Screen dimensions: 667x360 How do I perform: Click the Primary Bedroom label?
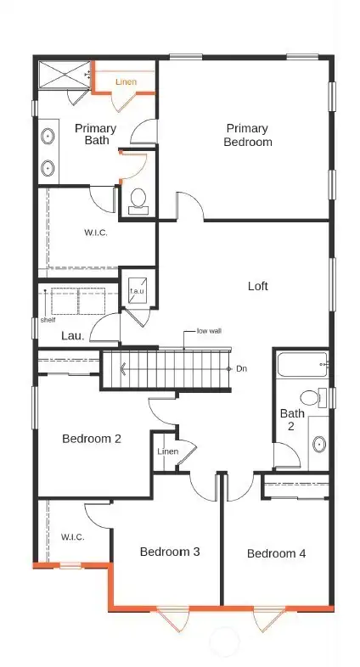[x=248, y=136]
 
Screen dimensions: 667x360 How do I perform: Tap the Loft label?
[x=257, y=286]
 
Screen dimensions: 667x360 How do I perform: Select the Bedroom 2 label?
[x=92, y=439]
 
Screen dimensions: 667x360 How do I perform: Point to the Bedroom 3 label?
[x=170, y=552]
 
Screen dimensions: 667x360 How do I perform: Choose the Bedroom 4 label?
[x=276, y=553]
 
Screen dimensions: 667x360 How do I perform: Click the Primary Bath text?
[x=95, y=135]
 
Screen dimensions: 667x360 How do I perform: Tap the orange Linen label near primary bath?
[x=127, y=82]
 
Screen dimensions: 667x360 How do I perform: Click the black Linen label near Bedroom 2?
[x=167, y=451]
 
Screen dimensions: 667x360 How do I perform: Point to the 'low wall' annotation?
[x=209, y=331]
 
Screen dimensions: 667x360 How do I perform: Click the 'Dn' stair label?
[x=241, y=369]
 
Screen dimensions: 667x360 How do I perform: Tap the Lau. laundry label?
[x=72, y=336]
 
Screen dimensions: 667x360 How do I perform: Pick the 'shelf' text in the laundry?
[x=48, y=321]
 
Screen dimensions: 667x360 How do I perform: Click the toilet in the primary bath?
[x=138, y=201]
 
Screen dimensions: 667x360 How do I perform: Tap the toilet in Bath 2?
[x=312, y=397]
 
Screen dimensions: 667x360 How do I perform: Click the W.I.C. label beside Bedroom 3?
[x=72, y=537]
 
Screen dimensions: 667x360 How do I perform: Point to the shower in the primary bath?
[x=64, y=75]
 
